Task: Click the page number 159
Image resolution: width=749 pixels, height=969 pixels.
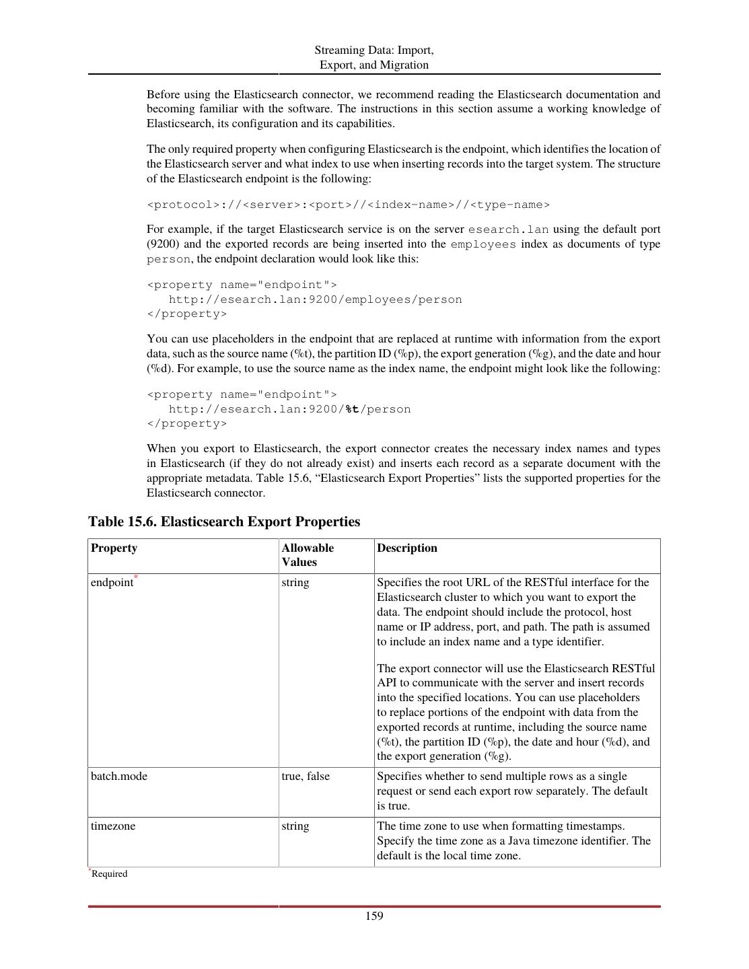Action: (x=374, y=916)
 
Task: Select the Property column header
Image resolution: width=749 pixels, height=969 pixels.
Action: (x=114, y=548)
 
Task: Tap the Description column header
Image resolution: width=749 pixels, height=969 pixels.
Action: (x=406, y=548)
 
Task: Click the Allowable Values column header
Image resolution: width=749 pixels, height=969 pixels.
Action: (x=307, y=555)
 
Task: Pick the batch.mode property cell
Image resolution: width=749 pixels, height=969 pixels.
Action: (x=118, y=776)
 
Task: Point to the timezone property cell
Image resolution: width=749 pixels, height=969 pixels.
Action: (x=112, y=826)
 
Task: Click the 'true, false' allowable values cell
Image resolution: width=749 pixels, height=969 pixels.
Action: (x=306, y=776)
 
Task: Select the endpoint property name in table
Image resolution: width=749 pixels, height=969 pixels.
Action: (x=112, y=583)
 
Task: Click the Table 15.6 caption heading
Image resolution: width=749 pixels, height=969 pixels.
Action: (x=224, y=522)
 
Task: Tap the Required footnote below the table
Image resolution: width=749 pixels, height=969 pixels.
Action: (x=109, y=873)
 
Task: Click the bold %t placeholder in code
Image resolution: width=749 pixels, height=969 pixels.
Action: (x=352, y=409)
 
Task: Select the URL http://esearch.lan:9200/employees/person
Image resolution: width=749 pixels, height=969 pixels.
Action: (x=315, y=299)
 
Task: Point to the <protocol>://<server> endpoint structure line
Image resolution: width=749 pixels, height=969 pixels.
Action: (x=348, y=205)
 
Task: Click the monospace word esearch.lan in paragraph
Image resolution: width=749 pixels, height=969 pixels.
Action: (x=508, y=229)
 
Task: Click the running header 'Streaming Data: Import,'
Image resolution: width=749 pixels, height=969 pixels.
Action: (x=373, y=50)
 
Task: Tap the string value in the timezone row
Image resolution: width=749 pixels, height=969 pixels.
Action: (x=295, y=826)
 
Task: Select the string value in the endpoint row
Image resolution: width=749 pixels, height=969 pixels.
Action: (x=295, y=583)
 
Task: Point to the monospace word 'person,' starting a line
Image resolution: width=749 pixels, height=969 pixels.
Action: (x=168, y=259)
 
